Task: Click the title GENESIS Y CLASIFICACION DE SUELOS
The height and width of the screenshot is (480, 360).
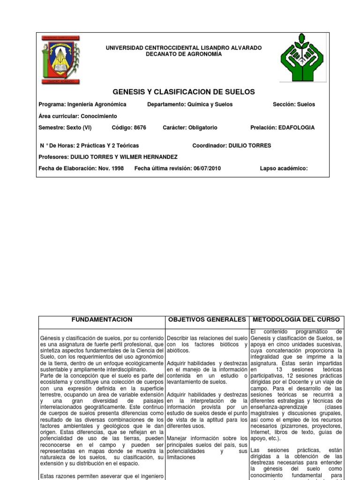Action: coord(184,91)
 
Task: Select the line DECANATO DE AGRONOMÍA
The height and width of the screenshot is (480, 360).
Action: coord(184,54)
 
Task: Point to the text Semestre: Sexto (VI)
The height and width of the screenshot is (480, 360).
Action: coord(65,127)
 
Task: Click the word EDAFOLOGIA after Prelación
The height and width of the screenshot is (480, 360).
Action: coord(296,127)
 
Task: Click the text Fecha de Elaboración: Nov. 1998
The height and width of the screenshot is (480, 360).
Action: coord(82,168)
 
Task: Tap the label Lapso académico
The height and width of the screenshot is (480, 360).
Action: coord(284,168)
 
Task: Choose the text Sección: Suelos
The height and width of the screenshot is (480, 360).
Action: coord(294,104)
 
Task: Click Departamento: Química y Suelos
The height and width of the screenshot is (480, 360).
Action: coord(189,104)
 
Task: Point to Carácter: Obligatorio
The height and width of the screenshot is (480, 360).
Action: coord(190,127)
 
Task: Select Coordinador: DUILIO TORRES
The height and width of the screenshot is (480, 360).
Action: coord(232,146)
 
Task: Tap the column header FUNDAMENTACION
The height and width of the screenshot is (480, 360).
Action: coord(102,320)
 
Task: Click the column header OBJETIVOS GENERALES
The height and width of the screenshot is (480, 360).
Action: coord(207,320)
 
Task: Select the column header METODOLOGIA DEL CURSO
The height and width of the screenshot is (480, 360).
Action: coord(296,320)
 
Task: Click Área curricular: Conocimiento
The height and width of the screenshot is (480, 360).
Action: coord(78,116)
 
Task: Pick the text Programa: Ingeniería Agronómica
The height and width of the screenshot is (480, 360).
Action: coord(82,104)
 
